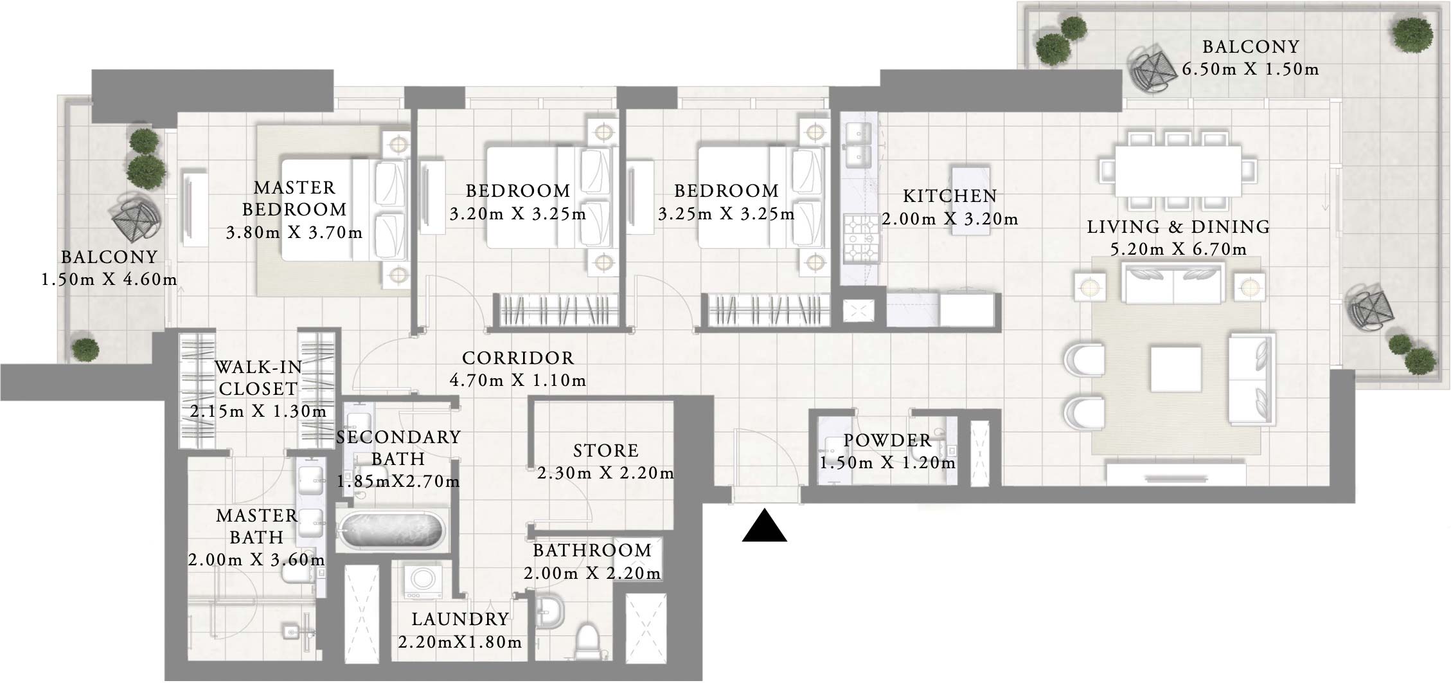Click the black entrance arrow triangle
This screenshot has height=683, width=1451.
pos(764,527)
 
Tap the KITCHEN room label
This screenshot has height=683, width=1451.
pos(950,196)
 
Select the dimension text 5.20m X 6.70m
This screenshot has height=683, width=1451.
pos(1178,250)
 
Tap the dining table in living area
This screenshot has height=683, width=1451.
pos(1178,171)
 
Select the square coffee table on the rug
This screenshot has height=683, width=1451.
pos(1176,369)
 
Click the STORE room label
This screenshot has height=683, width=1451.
pos(605,451)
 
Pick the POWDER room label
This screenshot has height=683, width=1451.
pos(887,441)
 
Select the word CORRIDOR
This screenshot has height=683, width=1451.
pos(517,358)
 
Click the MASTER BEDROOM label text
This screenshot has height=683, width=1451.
pos(294,199)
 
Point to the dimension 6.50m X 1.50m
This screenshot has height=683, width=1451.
pos(1250,69)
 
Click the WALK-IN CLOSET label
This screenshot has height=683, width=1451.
pos(258,378)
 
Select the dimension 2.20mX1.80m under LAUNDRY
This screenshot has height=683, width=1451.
pos(459,642)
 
